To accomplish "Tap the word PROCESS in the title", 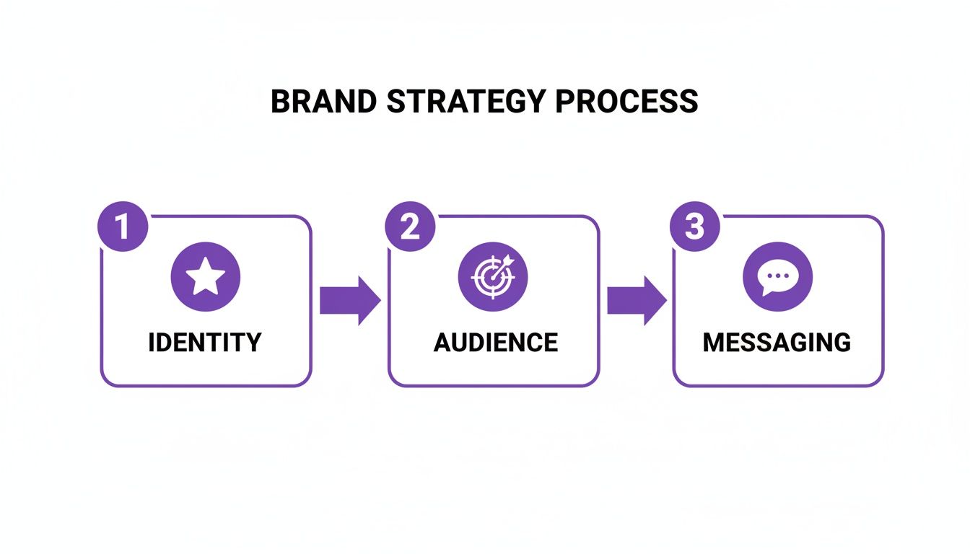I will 627,102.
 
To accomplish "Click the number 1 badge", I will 122,227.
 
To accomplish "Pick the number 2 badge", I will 410,227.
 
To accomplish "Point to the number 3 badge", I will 694,227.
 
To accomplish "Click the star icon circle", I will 206,277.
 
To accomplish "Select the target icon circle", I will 493,277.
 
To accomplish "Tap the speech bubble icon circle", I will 777,277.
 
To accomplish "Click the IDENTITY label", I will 205,342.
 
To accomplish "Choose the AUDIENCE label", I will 495,342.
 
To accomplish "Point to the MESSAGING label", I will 777,342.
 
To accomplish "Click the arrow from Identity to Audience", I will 350,300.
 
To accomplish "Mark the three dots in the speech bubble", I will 778,275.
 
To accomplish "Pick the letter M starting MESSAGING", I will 714,342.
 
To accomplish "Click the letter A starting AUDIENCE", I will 442,342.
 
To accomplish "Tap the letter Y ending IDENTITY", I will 253,342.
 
